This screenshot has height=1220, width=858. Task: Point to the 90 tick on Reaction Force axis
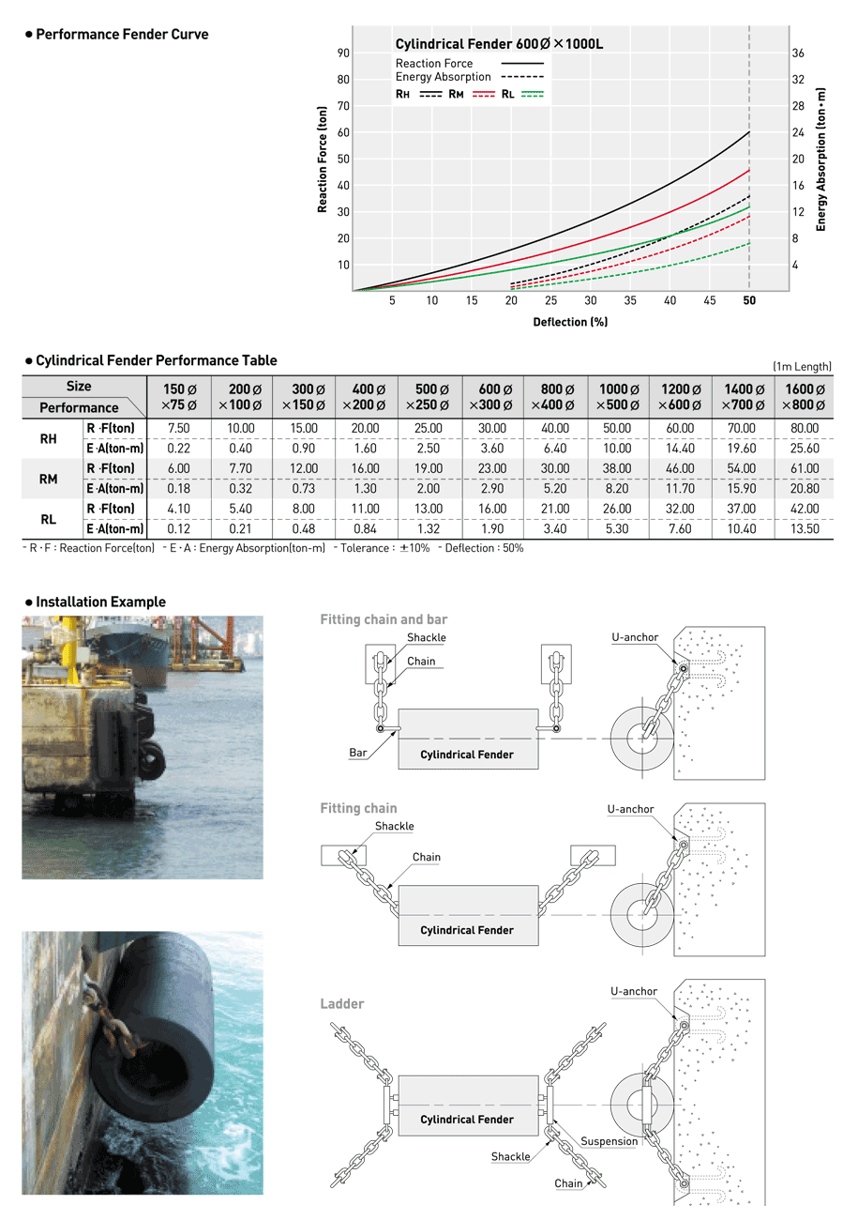click(344, 53)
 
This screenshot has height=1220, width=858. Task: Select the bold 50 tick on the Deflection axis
click(749, 301)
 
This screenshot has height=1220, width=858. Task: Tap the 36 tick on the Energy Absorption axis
click(798, 53)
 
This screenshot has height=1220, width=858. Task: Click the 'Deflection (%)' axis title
click(569, 322)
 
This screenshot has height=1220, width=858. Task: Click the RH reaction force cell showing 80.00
click(805, 428)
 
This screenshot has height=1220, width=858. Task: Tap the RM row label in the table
click(48, 479)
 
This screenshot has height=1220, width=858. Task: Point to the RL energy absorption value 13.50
click(805, 529)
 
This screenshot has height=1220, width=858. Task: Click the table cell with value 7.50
click(179, 428)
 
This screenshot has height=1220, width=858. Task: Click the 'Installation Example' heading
click(100, 602)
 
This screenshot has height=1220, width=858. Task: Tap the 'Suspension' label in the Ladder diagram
click(610, 1141)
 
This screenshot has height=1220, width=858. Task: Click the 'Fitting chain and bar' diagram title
click(384, 619)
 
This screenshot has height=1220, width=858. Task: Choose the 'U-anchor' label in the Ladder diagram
click(634, 991)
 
